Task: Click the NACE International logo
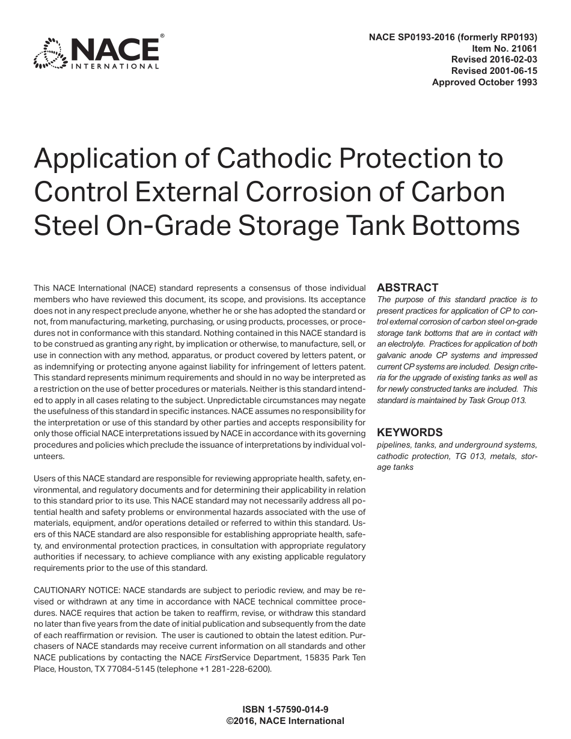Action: tap(97, 52)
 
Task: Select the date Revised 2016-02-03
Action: tap(494, 59)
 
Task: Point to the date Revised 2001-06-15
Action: tap(494, 70)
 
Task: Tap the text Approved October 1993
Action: tap(484, 82)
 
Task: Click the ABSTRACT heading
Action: tap(408, 288)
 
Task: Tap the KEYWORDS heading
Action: tap(409, 432)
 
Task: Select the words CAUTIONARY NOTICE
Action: tap(78, 591)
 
